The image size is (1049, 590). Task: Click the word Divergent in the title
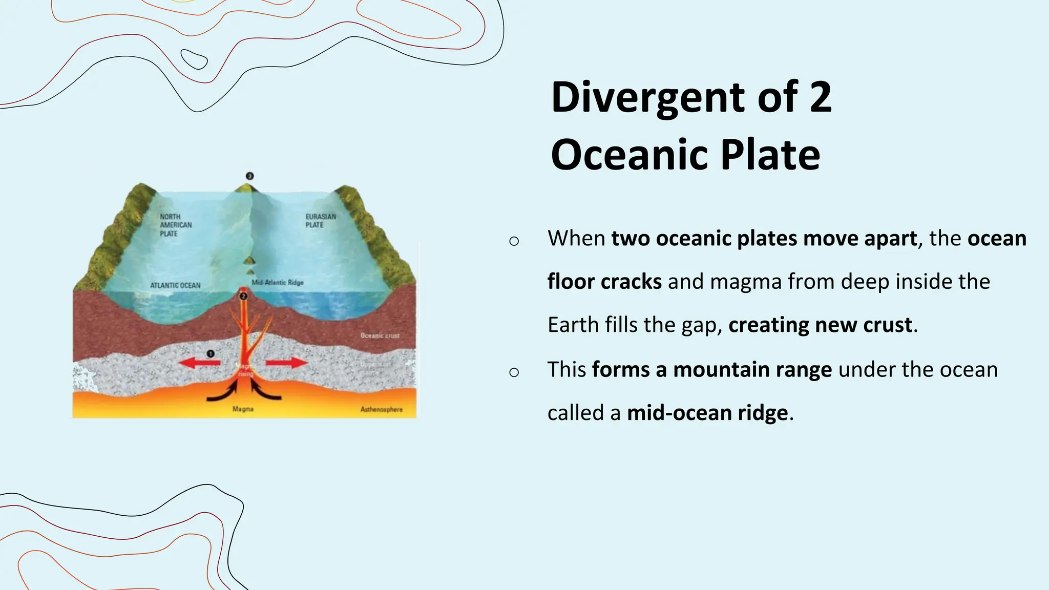[x=648, y=97]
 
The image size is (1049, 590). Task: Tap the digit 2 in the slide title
[x=821, y=97]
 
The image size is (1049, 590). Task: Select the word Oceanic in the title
[x=630, y=155]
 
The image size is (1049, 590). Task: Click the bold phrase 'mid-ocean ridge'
[x=707, y=413]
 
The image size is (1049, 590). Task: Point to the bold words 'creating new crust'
[x=820, y=325]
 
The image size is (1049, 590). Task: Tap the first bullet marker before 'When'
[x=514, y=241]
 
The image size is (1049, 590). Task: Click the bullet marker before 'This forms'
[x=514, y=372]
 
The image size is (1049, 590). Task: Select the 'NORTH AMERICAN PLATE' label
[x=175, y=225]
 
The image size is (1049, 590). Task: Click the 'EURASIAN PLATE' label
[x=321, y=221]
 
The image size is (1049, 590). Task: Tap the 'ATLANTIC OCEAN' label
[x=175, y=285]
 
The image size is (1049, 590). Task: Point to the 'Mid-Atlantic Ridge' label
[x=278, y=283]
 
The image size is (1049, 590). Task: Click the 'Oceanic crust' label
[x=380, y=335]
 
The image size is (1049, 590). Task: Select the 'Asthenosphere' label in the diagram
[x=381, y=409]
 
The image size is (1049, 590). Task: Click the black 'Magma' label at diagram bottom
[x=243, y=409]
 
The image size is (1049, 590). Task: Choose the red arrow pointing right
[x=286, y=363]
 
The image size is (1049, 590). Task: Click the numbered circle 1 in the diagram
[x=210, y=353]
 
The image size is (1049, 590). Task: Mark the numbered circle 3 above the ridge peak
[x=249, y=176]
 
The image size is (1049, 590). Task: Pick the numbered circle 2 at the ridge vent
[x=243, y=296]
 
